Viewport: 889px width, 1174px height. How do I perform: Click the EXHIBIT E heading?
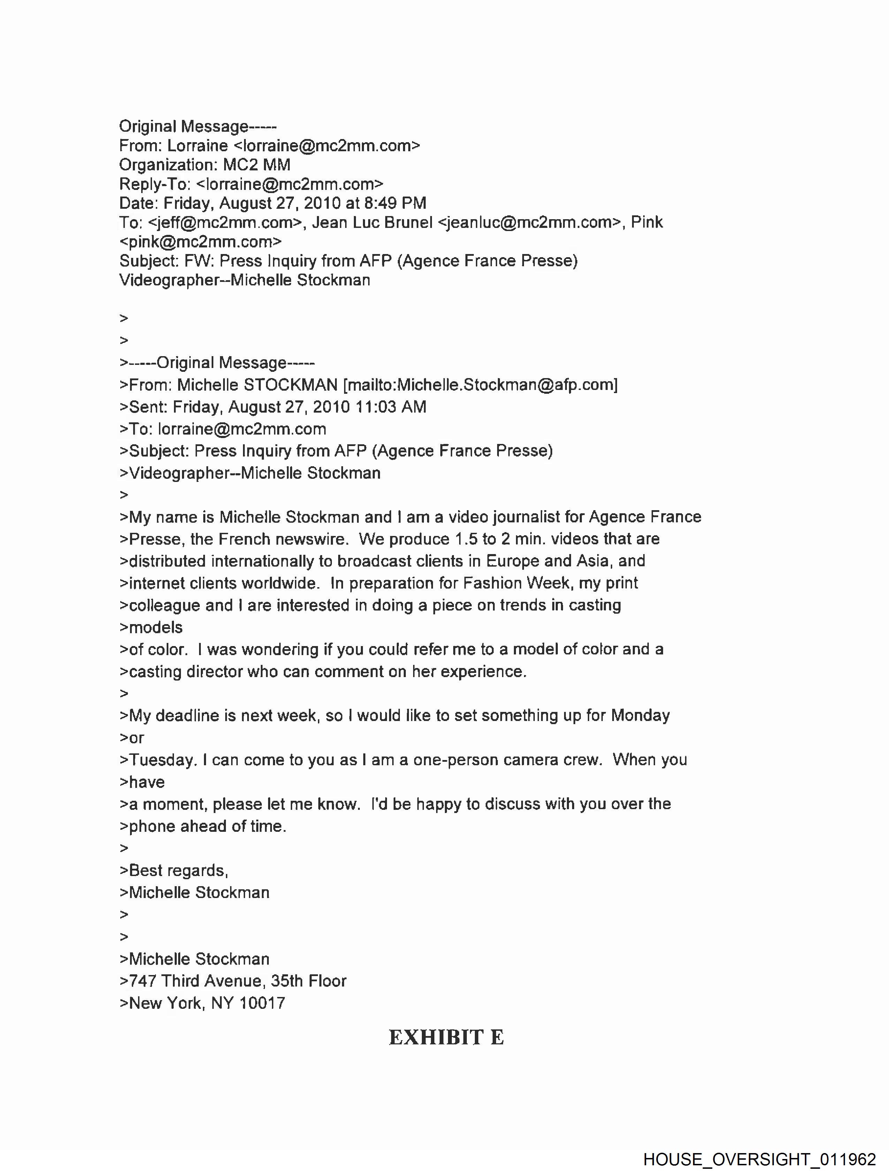tap(446, 1038)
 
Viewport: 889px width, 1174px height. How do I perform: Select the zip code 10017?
tap(263, 1003)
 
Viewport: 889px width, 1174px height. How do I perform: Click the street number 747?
tap(142, 981)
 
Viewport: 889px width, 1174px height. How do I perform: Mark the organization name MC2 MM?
tap(257, 164)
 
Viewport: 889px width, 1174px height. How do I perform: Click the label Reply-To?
tap(154, 184)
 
